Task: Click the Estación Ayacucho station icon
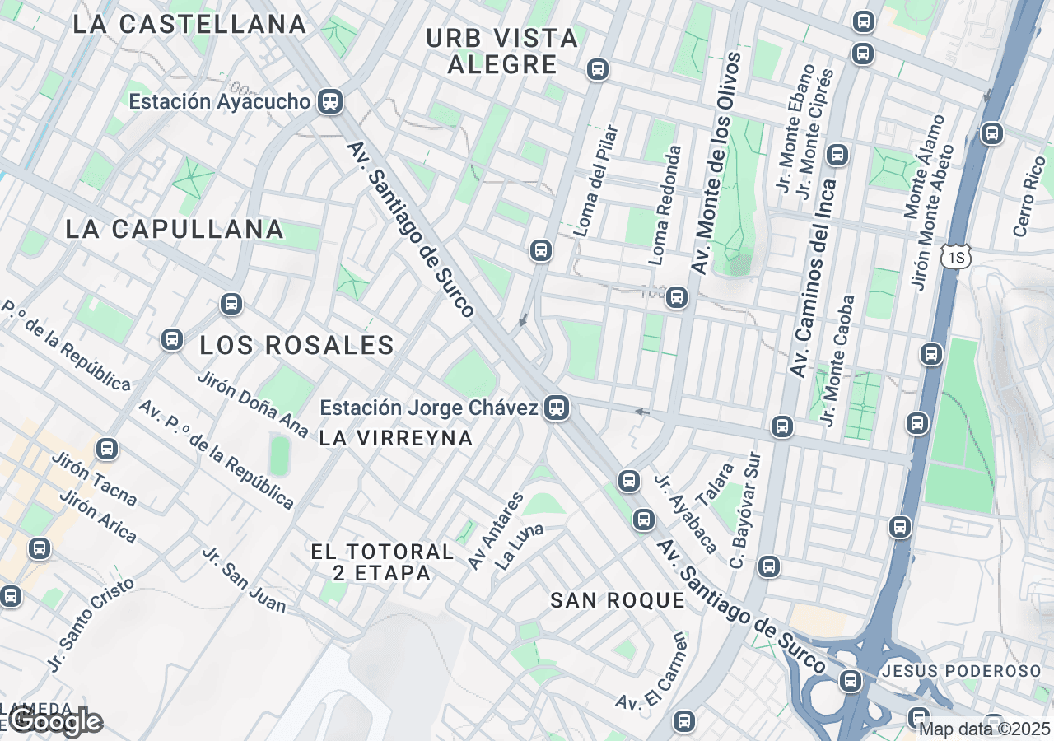click(331, 101)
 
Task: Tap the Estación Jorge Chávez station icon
click(557, 408)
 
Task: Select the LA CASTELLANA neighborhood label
click(189, 24)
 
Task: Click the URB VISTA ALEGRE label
click(502, 51)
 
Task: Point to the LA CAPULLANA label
click(175, 229)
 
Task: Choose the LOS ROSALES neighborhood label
click(297, 346)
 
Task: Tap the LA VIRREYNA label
click(395, 439)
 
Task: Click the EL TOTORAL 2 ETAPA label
click(382, 562)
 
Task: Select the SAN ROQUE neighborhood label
click(618, 601)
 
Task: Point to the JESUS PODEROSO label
click(961, 671)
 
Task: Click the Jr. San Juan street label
click(245, 580)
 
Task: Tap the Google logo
click(55, 722)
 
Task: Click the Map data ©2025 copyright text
click(985, 729)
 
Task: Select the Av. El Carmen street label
click(651, 672)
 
